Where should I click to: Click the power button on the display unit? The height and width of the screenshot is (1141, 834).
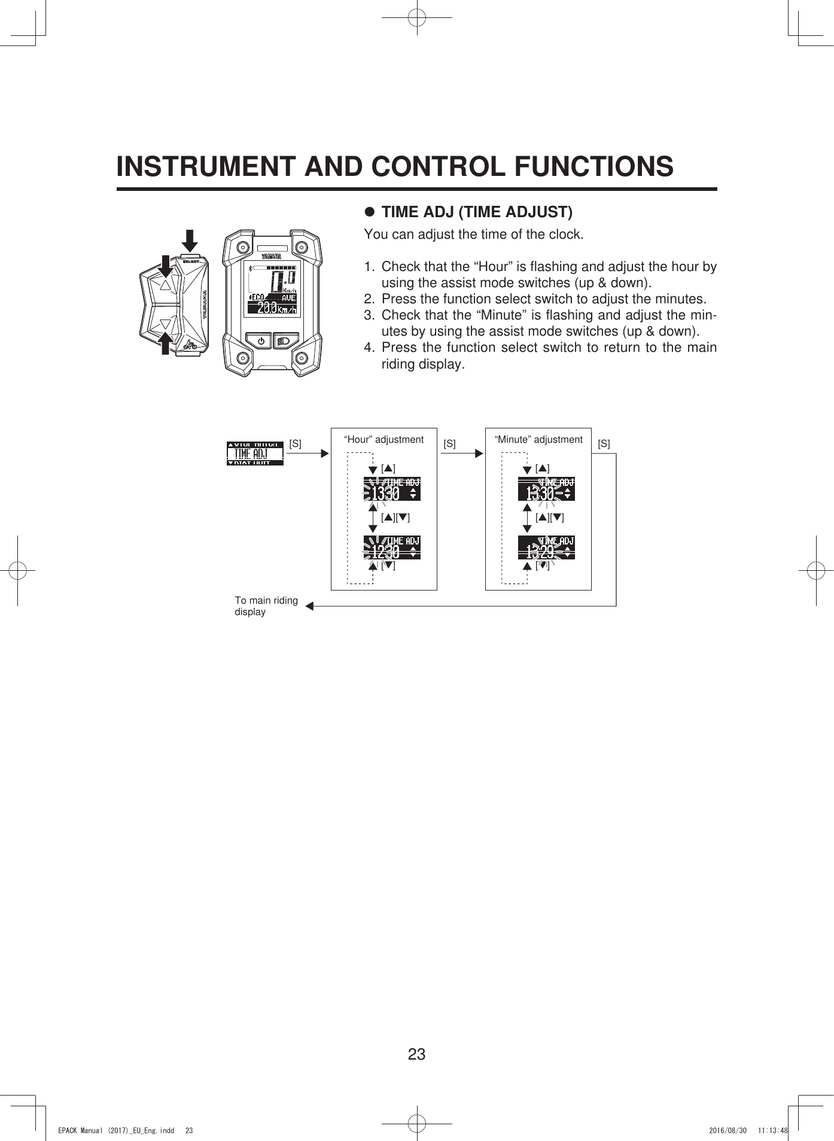(x=261, y=341)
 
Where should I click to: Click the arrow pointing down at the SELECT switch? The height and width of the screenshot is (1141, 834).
(x=190, y=241)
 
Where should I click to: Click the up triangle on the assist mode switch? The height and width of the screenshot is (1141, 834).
(x=166, y=284)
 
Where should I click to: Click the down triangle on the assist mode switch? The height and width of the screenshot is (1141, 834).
(x=166, y=324)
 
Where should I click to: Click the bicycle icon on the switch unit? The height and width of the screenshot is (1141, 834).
(x=190, y=345)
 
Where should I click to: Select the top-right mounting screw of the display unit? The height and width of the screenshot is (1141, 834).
(x=302, y=247)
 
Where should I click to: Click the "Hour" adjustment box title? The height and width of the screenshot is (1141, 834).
(x=383, y=439)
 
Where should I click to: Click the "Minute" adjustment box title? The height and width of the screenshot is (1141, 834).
(x=538, y=439)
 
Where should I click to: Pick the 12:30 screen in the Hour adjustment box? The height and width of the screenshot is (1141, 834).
(x=392, y=547)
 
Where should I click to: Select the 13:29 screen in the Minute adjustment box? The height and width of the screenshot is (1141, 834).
(x=546, y=547)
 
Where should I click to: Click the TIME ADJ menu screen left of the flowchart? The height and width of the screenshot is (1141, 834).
(x=255, y=454)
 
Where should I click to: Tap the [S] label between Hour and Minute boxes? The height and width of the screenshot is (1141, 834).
(x=449, y=444)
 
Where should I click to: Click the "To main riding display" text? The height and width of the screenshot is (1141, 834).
(x=266, y=606)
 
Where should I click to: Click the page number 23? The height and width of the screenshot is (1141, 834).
(x=416, y=1054)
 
